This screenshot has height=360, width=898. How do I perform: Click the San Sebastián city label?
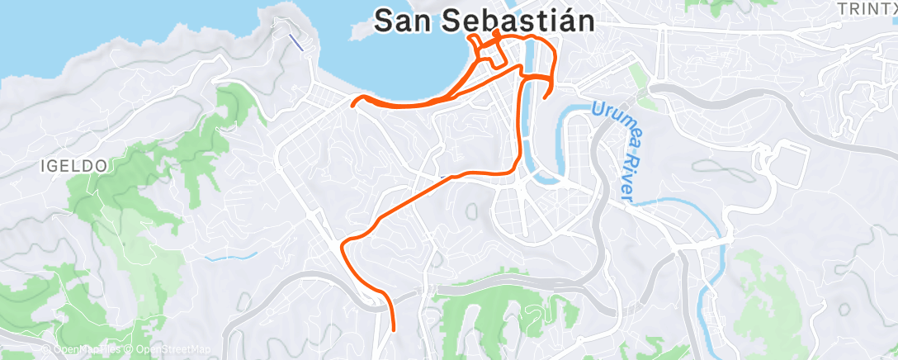(x=485, y=21)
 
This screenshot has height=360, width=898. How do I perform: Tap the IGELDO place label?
(x=73, y=166)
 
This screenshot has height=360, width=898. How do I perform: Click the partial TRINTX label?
(x=866, y=9)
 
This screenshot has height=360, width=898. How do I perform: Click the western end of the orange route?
(x=353, y=104)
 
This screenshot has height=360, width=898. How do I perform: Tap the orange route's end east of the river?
(x=546, y=97)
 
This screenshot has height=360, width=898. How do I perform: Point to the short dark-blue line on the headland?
(x=296, y=42)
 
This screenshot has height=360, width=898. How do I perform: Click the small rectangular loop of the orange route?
(x=493, y=53)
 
